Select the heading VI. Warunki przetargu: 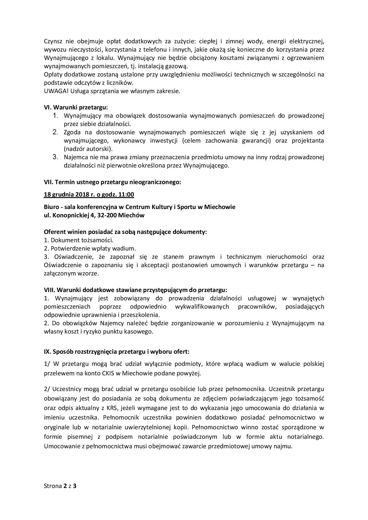coord(76,107)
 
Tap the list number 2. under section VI coord(55,132)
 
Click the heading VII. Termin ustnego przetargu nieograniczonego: coord(112,182)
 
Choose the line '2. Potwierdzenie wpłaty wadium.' coord(90,248)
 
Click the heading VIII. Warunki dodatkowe coord(135,290)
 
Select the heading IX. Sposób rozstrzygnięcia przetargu coord(116,352)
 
